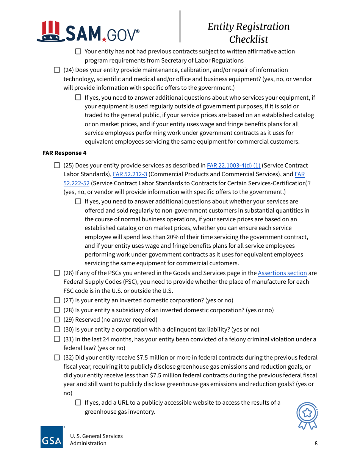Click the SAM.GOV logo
click(x=88, y=32)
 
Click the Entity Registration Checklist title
click(x=248, y=33)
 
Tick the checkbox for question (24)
click(x=57, y=70)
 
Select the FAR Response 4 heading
click(x=64, y=153)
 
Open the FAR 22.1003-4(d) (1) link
click(x=233, y=165)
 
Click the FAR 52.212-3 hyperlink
click(x=130, y=174)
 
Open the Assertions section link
click(x=282, y=273)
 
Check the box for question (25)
click(x=57, y=165)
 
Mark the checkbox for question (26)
click(x=57, y=273)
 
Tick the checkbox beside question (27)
click(x=57, y=300)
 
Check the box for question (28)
click(x=57, y=310)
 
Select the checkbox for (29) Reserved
click(x=57, y=319)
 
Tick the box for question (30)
click(x=57, y=329)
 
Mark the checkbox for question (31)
click(x=57, y=339)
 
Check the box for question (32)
click(x=57, y=357)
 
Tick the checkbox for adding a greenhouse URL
click(x=78, y=402)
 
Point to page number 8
click(x=316, y=443)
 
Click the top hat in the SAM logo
click(x=51, y=31)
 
